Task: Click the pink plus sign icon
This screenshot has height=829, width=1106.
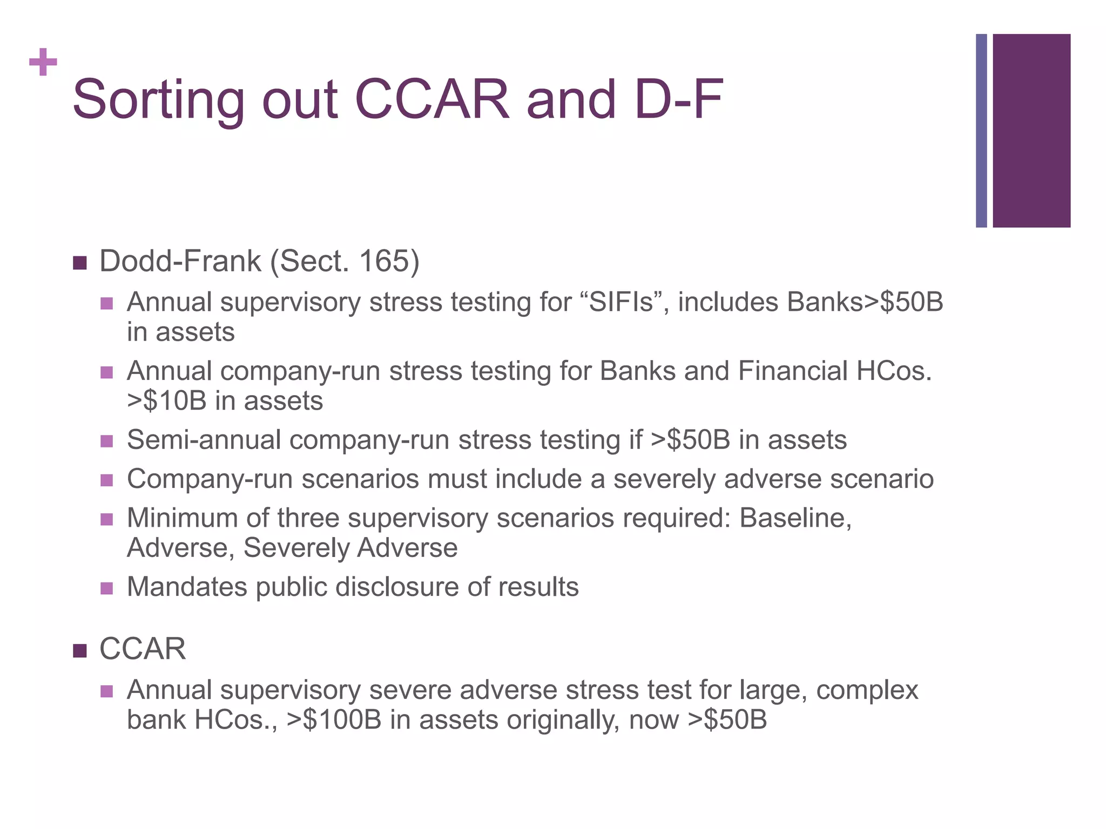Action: (43, 63)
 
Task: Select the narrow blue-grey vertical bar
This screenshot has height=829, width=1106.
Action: (981, 131)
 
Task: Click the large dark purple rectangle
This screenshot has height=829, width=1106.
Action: (1031, 131)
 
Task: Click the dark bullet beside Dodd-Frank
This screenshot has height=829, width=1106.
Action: (80, 263)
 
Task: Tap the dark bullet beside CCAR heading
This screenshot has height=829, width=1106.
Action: (80, 651)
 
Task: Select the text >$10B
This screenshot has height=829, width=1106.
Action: (166, 401)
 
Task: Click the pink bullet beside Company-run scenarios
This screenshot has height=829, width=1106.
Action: (107, 480)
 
